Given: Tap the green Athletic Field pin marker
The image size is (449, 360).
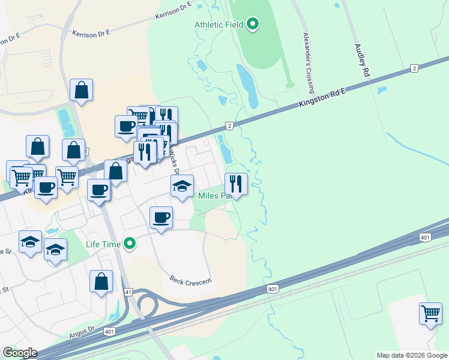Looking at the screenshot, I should [x=253, y=25].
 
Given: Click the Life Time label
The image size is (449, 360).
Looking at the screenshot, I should [x=103, y=244].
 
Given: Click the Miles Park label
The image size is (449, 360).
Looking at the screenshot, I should [x=214, y=196].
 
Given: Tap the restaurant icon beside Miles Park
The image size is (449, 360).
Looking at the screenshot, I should [x=236, y=184].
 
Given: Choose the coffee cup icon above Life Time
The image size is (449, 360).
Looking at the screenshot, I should [x=161, y=217].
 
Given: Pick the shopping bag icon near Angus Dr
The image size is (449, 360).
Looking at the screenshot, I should [x=101, y=281].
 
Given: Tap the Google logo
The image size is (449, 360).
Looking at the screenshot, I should [x=19, y=353].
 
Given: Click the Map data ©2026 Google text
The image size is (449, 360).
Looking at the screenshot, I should [x=411, y=355].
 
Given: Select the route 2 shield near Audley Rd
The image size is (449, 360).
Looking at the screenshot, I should [x=414, y=68].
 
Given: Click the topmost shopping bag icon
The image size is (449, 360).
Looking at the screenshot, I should [x=81, y=90].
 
